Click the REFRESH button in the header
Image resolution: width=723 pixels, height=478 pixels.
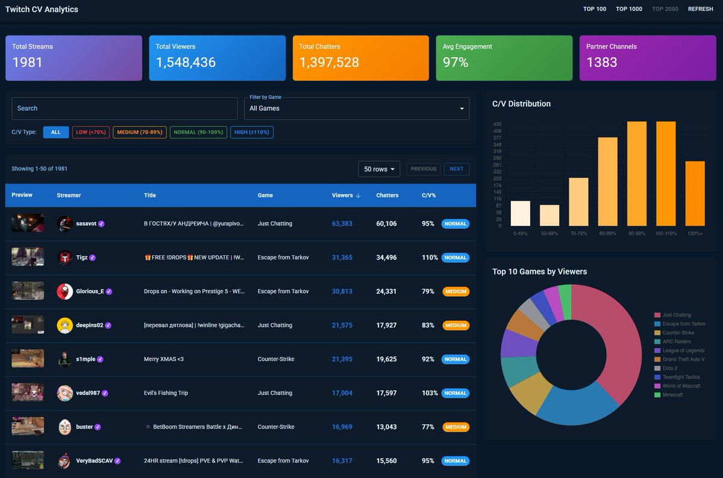coord(700,9)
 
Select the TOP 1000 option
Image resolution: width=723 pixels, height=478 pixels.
coord(629,9)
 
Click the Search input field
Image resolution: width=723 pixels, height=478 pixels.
coord(124,108)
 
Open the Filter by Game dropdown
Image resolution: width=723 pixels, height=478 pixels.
coord(357,108)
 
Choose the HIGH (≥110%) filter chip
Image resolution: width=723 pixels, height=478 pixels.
coord(252,132)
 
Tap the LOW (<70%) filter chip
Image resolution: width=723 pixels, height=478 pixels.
coord(91,132)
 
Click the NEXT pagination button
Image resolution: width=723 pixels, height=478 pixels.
coord(457,169)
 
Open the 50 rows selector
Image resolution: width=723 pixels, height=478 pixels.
coord(379,169)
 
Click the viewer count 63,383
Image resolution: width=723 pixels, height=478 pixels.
coord(342,224)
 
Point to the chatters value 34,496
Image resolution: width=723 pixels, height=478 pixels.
coord(386,258)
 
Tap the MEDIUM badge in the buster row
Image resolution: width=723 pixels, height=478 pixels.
coord(456,427)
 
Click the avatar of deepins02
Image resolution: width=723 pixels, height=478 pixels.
coord(64,326)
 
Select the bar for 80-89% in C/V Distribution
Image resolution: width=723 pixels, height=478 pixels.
coord(607,181)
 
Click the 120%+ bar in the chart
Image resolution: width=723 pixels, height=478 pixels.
coord(695,193)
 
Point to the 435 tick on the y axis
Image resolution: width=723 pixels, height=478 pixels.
coord(497,124)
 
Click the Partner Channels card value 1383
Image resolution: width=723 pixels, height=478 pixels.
coord(602,62)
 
